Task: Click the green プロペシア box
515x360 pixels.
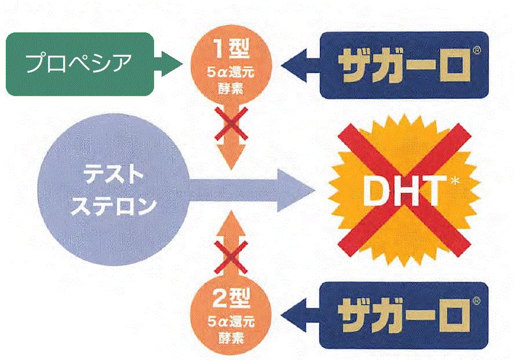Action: pos(80,64)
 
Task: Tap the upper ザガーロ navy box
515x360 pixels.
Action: pos(404,64)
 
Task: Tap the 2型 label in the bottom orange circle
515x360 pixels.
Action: pos(231,300)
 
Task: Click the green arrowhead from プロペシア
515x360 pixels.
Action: pos(171,64)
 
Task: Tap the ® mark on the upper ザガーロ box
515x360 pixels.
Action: pos(476,50)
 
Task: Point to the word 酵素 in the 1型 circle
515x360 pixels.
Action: pos(231,89)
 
